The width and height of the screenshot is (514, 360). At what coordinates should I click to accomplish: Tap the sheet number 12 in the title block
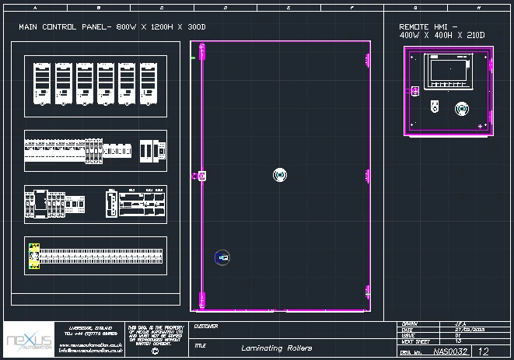click(x=483, y=351)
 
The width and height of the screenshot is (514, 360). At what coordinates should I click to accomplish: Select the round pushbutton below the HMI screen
click(x=461, y=107)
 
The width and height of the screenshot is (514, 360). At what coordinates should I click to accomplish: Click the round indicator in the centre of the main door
click(x=280, y=175)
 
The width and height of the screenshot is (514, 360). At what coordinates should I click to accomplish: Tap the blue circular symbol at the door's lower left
click(x=222, y=257)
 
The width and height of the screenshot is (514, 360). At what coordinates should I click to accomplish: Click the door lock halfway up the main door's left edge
click(x=201, y=176)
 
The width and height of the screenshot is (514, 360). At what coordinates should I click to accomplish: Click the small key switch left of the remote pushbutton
click(x=434, y=107)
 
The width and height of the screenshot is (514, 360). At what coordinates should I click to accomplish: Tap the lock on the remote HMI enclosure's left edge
click(x=414, y=91)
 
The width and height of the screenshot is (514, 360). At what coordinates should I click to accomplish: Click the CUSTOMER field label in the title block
click(x=206, y=327)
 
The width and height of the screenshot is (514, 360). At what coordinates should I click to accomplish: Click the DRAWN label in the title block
click(x=411, y=323)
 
